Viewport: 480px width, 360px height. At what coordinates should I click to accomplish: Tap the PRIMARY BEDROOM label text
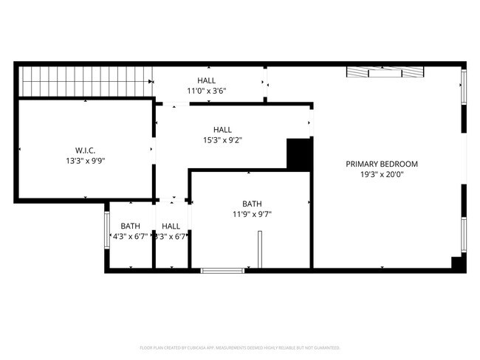pos(382,164)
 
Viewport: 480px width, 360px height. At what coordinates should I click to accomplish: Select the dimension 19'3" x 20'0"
pos(382,175)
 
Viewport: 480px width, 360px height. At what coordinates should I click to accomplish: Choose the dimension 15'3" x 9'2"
pos(222,140)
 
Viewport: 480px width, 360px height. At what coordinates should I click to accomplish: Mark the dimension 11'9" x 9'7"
pos(251,215)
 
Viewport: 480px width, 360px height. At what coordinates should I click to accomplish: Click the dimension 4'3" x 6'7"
pos(130,237)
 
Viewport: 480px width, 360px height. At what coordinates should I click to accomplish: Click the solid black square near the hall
pos(298,154)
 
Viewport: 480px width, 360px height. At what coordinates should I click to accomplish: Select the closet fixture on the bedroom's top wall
pos(385,72)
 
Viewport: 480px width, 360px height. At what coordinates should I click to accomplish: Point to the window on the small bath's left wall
pos(106,231)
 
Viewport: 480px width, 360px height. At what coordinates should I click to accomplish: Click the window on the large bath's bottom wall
pos(223,271)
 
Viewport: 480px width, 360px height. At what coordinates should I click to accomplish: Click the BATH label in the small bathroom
pos(130,226)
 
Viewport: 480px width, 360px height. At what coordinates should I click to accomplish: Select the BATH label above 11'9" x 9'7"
pos(251,204)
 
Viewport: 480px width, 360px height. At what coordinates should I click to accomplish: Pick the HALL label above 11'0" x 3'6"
pos(207,80)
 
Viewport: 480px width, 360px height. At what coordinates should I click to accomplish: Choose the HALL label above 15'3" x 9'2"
pos(222,129)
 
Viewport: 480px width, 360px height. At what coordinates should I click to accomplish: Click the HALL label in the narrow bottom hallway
pos(171,226)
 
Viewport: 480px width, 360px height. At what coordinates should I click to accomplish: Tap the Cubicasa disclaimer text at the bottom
pos(239,347)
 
